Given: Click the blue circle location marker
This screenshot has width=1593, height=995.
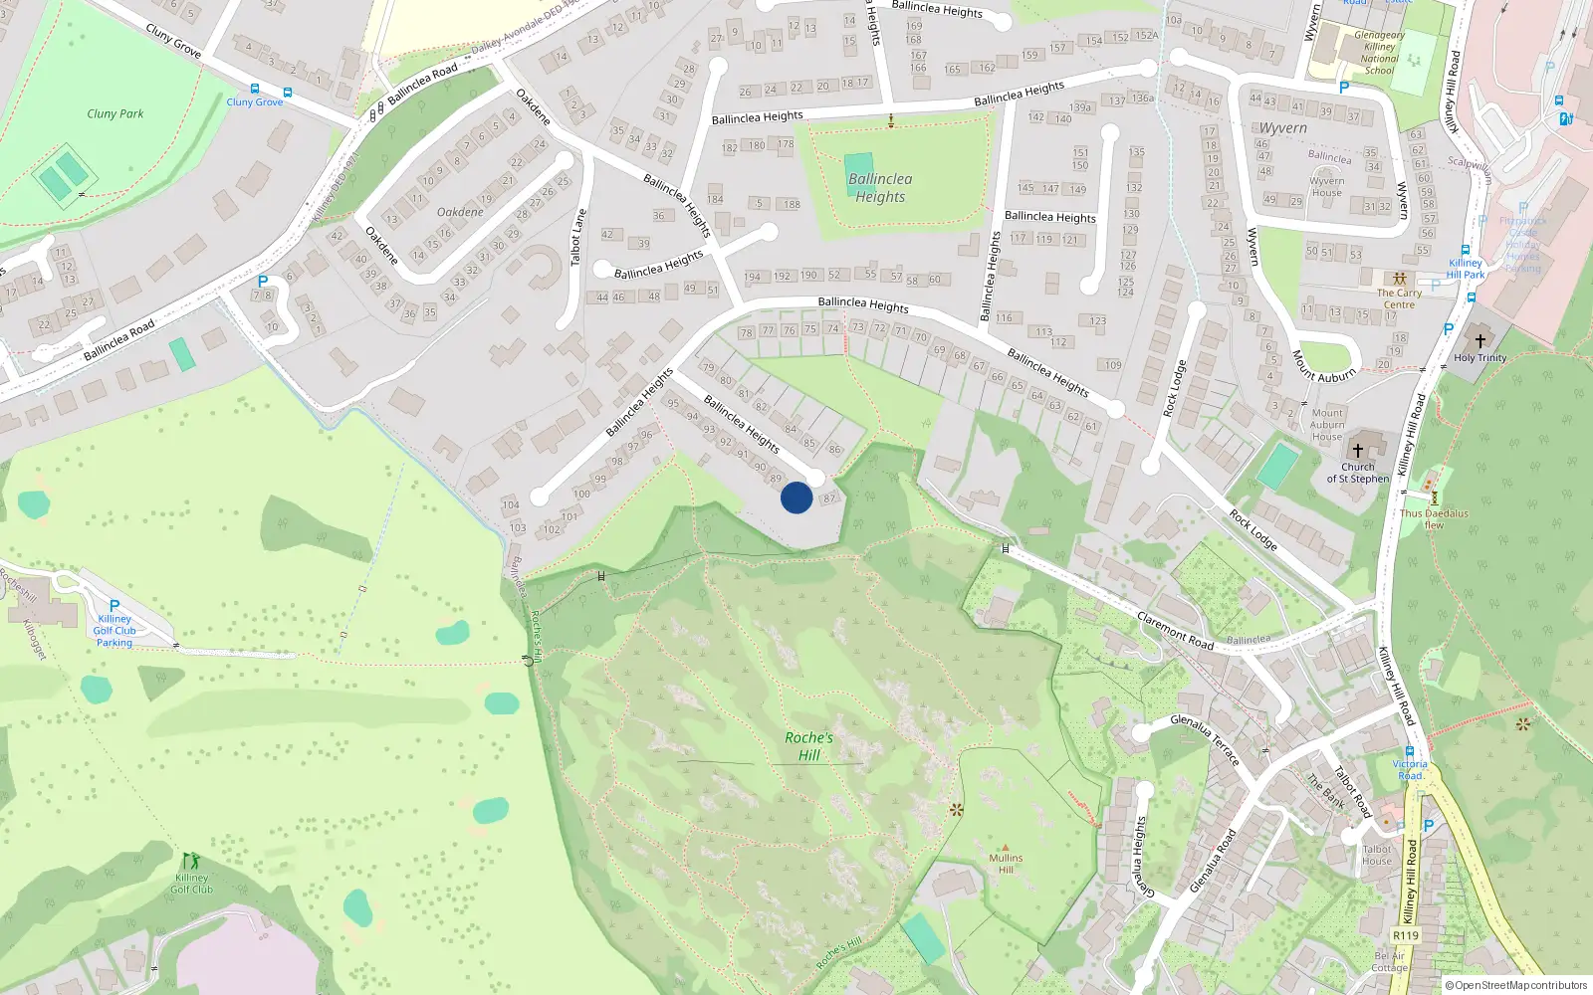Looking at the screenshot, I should pyautogui.click(x=796, y=497).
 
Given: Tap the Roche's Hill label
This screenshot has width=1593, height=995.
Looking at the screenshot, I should pyautogui.click(x=808, y=746).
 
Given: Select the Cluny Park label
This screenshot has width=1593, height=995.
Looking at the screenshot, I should pyautogui.click(x=115, y=113).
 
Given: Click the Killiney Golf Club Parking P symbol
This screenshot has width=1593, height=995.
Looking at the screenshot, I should pyautogui.click(x=114, y=605).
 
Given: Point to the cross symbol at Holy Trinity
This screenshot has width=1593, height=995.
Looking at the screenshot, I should pyautogui.click(x=1479, y=341).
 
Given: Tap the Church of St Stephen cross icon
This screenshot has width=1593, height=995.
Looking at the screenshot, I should pyautogui.click(x=1357, y=451).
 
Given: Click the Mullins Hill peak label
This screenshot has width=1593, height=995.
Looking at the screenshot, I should pyautogui.click(x=1006, y=863).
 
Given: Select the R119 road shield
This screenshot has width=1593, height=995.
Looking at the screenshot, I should pyautogui.click(x=1405, y=935).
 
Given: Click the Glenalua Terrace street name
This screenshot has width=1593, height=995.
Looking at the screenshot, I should pyautogui.click(x=1205, y=739).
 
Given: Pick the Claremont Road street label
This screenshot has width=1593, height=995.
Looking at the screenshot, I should pyautogui.click(x=1175, y=631).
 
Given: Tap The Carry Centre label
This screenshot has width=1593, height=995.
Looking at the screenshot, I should pyautogui.click(x=1399, y=298).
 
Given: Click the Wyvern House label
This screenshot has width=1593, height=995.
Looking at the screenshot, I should pyautogui.click(x=1326, y=187).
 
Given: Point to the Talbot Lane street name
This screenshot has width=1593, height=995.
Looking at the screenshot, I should pyautogui.click(x=577, y=237).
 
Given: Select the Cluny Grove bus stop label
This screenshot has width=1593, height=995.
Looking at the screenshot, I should pyautogui.click(x=255, y=101).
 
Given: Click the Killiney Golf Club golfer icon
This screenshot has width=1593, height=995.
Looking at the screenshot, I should pyautogui.click(x=190, y=860).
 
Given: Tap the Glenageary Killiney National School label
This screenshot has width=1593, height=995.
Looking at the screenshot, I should pyautogui.click(x=1379, y=53).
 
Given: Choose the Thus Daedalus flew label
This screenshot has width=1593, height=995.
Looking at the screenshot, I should pyautogui.click(x=1434, y=519).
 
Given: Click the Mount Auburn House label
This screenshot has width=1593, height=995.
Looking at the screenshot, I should pyautogui.click(x=1327, y=425).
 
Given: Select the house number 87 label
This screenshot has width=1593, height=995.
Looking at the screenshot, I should pyautogui.click(x=830, y=497).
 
